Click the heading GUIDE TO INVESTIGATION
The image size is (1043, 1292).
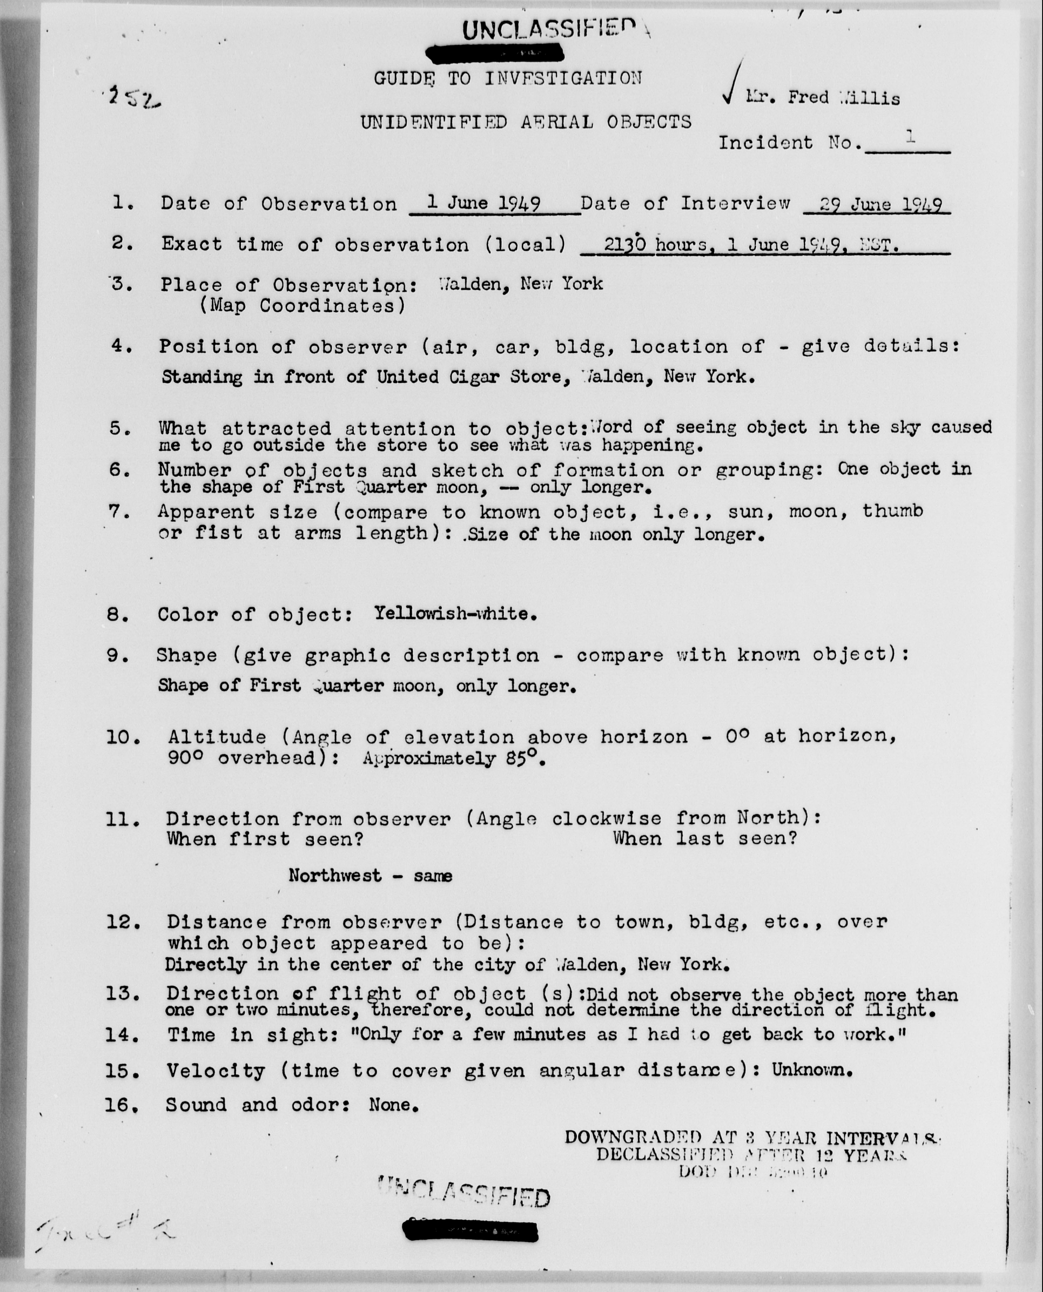(508, 78)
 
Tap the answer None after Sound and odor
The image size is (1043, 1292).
(393, 1105)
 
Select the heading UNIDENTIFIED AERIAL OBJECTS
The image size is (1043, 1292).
(526, 122)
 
